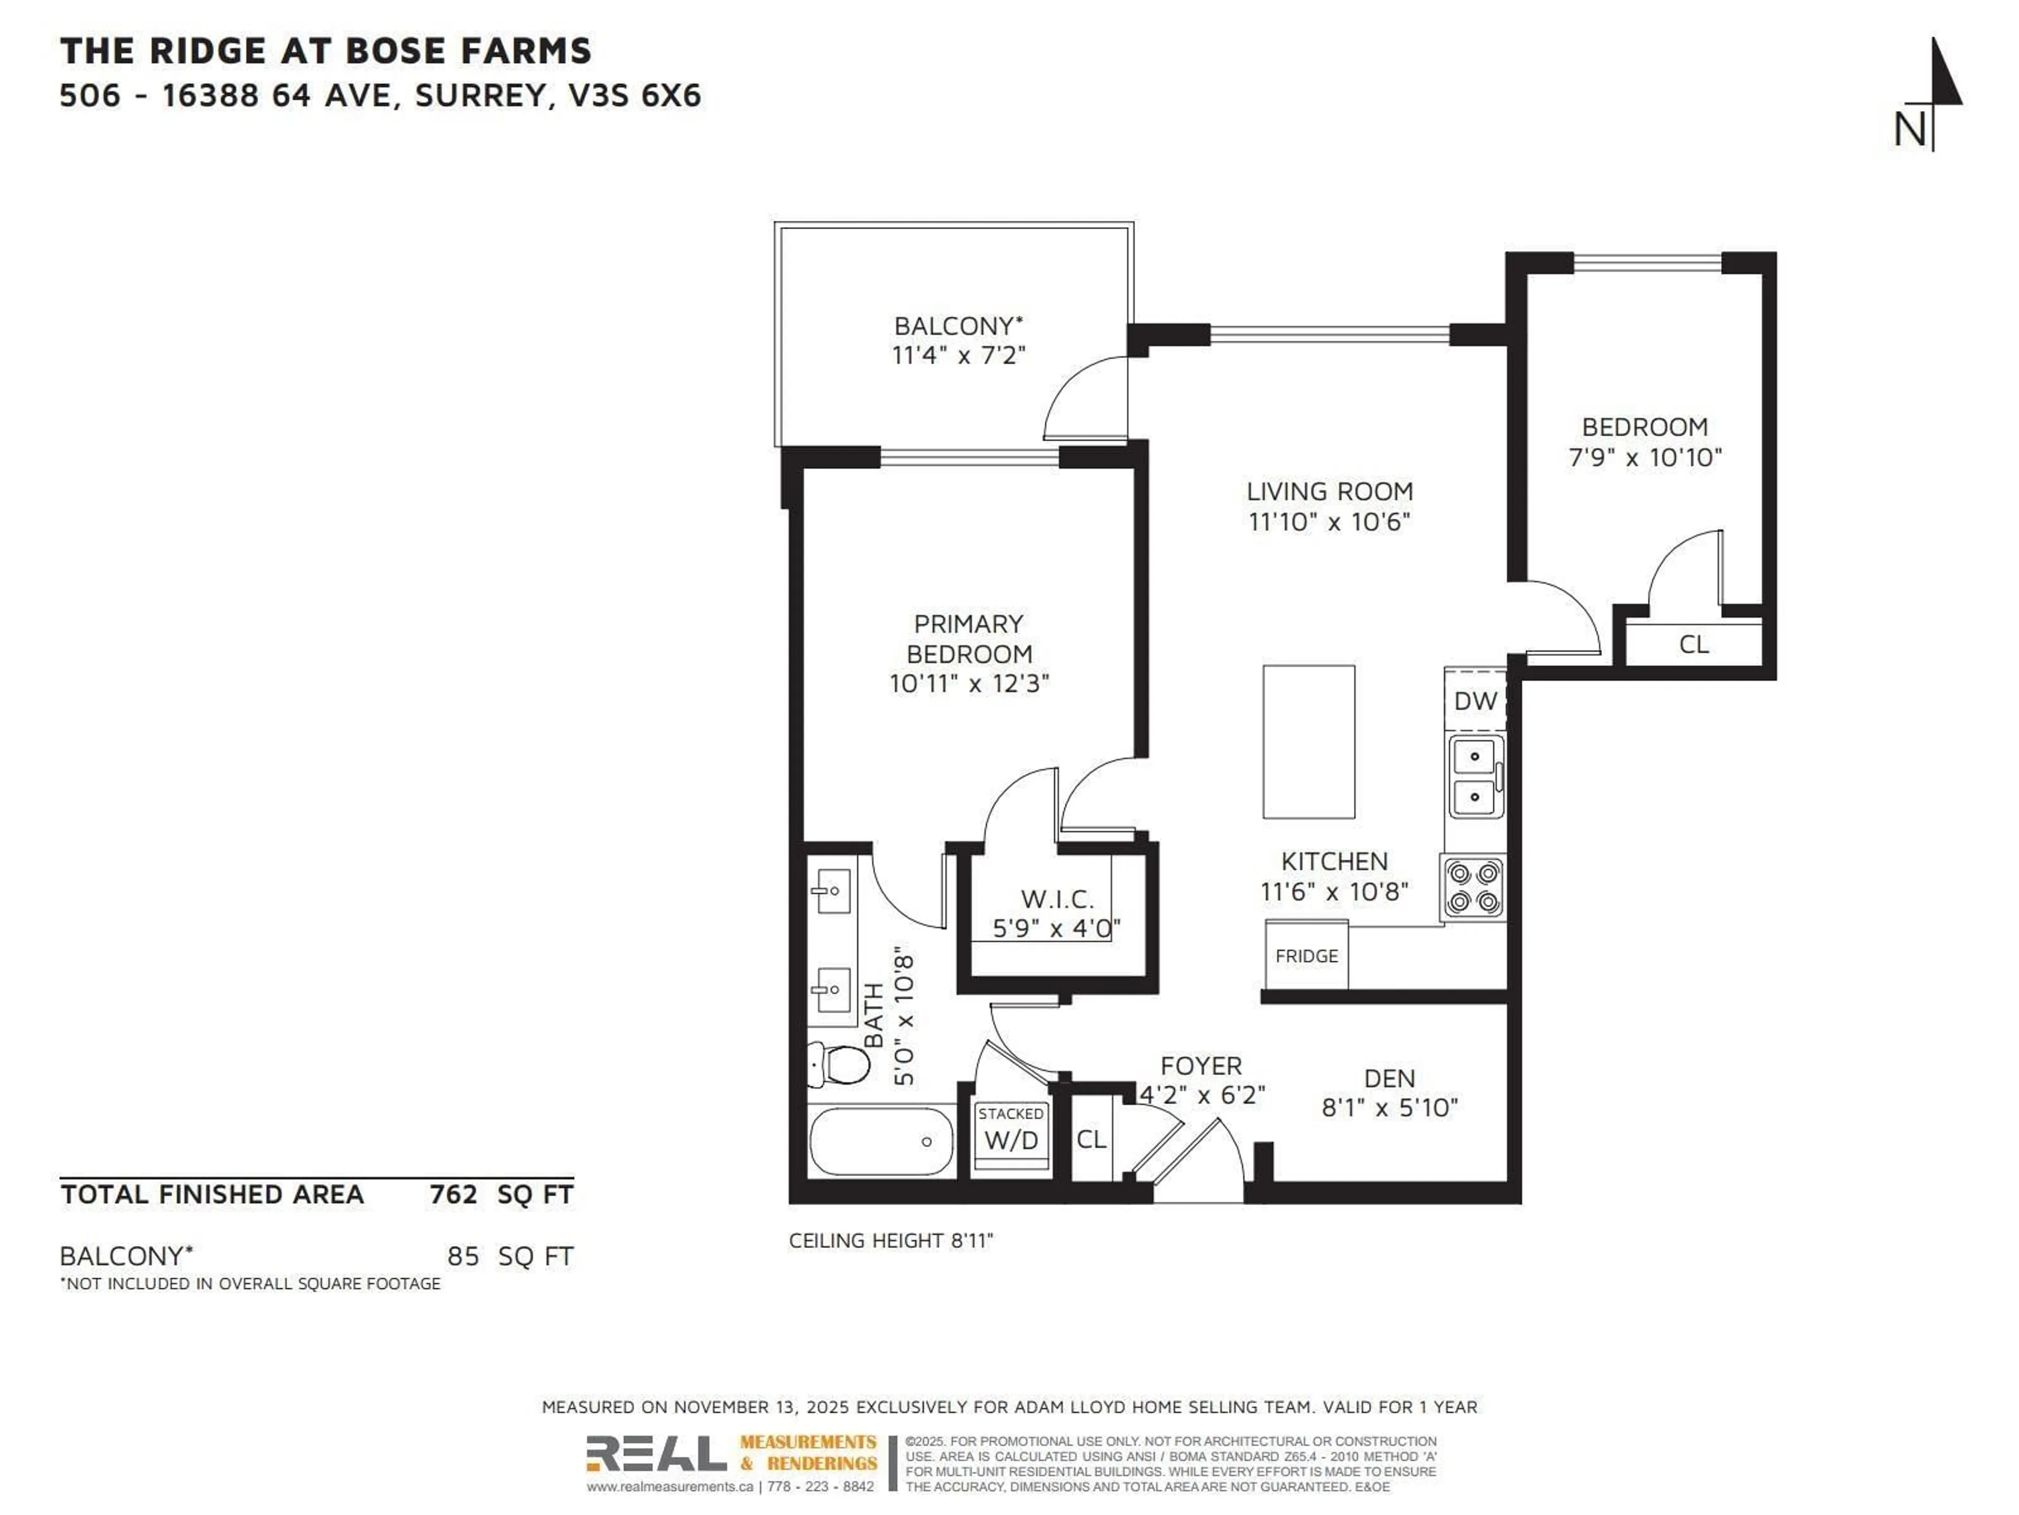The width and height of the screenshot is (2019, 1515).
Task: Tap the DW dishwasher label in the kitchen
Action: click(1475, 701)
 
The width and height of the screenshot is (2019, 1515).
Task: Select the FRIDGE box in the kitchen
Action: click(1306, 955)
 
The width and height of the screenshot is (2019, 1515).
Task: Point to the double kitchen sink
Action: click(1475, 777)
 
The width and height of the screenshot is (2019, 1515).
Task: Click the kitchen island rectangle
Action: click(1308, 742)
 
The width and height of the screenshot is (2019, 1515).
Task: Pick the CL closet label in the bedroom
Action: click(1693, 645)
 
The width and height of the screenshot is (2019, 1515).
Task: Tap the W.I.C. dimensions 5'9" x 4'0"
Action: click(1056, 928)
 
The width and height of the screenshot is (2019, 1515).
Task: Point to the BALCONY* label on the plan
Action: click(958, 326)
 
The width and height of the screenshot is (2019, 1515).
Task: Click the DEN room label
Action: click(1389, 1078)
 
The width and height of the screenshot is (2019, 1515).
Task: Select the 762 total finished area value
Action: click(454, 1195)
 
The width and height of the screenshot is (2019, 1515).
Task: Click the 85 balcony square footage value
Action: click(463, 1257)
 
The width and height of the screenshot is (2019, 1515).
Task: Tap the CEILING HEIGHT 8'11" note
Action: click(890, 1240)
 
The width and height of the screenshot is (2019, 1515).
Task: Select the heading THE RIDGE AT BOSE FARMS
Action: click(326, 51)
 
